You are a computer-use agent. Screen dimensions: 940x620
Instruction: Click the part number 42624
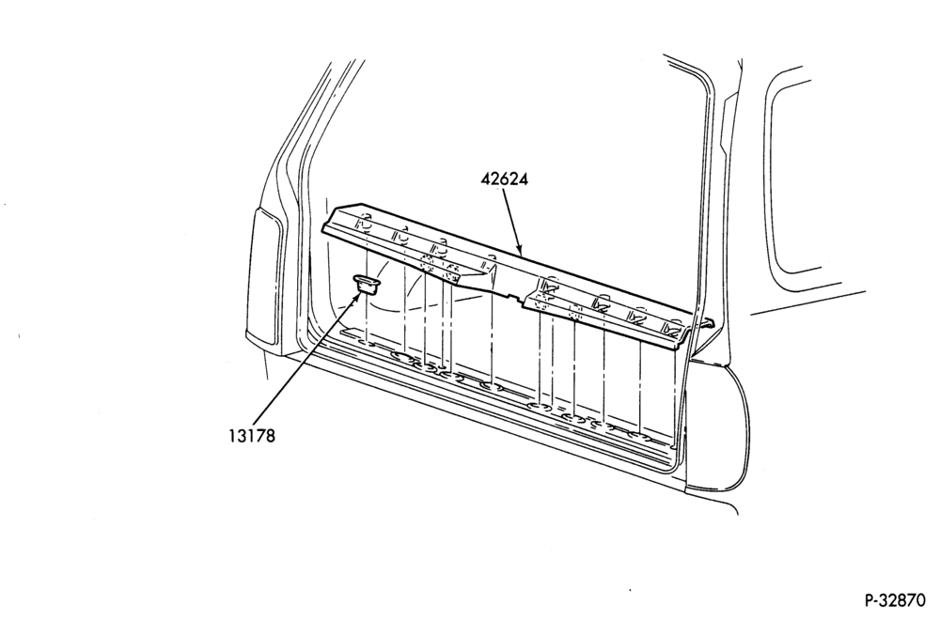coord(504,179)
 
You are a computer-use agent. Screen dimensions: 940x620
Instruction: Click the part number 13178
coord(251,436)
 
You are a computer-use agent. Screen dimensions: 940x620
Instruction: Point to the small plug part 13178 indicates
coord(367,284)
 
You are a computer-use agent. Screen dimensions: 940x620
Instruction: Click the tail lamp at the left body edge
coord(263,277)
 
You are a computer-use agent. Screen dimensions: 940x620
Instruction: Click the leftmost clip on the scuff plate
coord(364,223)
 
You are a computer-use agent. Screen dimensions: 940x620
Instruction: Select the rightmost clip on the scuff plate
coord(673,327)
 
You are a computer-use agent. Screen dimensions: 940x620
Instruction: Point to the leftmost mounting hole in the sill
coord(366,344)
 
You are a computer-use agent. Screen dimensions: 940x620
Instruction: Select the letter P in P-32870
coord(869,600)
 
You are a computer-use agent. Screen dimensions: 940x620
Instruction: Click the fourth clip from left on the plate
coord(491,262)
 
